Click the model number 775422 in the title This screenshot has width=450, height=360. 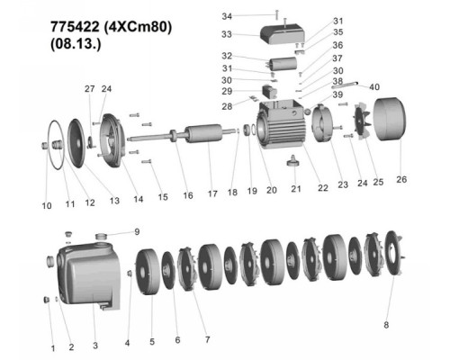(75, 27)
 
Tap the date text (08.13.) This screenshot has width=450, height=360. (76, 44)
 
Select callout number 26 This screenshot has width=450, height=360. (401, 179)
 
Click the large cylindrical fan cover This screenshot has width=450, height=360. (390, 119)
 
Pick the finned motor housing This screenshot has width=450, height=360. (281, 123)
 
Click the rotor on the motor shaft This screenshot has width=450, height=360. (203, 134)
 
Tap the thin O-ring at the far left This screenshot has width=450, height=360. (57, 144)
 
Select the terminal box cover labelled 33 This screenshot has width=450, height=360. (283, 34)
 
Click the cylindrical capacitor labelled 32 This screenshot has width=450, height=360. (283, 64)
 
